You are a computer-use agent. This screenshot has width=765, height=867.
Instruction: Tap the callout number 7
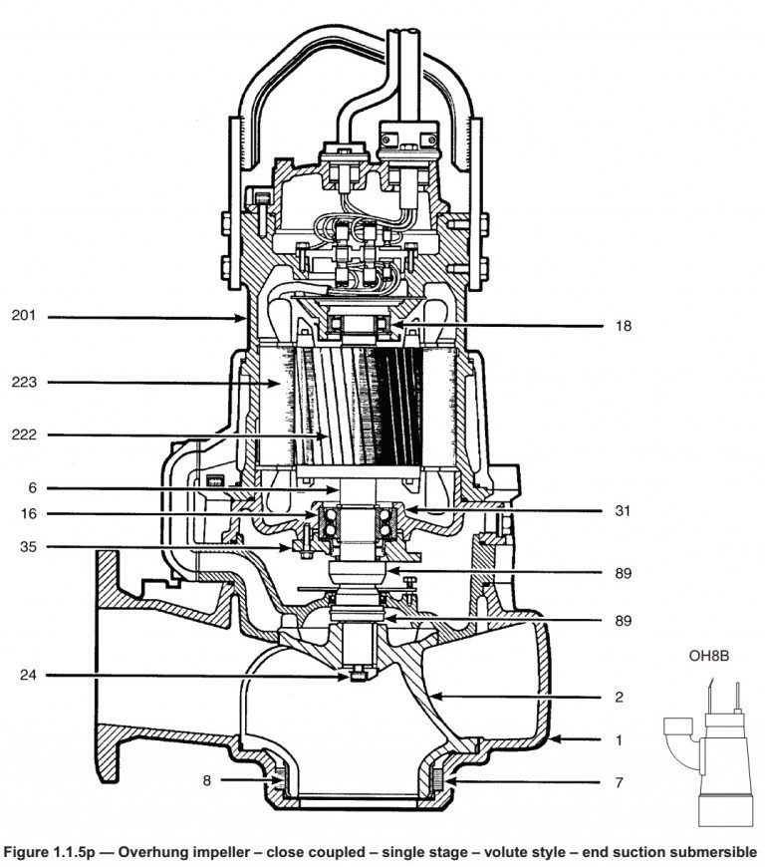619,783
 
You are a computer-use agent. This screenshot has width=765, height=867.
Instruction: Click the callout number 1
619,739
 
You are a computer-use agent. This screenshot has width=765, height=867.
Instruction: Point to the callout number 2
619,698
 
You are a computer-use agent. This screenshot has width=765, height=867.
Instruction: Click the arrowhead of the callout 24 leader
346,676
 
